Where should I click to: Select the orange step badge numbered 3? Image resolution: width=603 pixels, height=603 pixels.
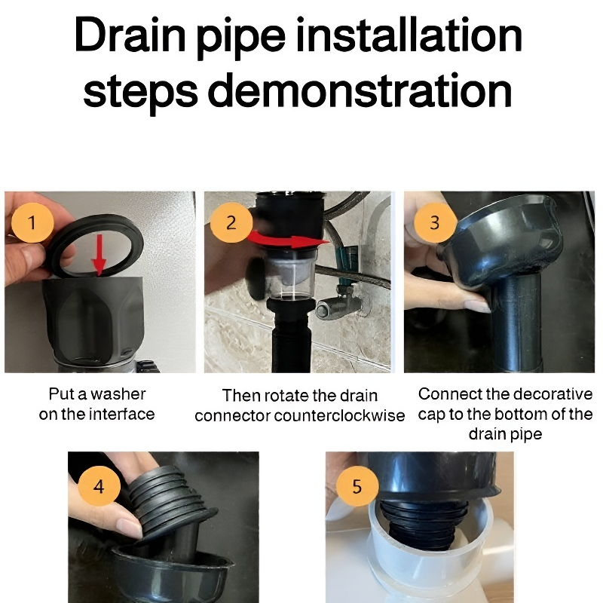pyautogui.click(x=434, y=223)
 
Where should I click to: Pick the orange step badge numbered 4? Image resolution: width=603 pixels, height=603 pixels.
pyautogui.click(x=99, y=486)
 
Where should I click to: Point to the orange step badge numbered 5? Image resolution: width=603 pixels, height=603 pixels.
pyautogui.click(x=357, y=486)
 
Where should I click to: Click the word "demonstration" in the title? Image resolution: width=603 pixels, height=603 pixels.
pyautogui.click(x=360, y=90)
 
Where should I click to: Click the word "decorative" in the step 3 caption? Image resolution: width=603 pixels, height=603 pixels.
pyautogui.click(x=552, y=393)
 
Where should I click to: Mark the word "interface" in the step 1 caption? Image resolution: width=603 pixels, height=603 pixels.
pyautogui.click(x=122, y=414)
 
